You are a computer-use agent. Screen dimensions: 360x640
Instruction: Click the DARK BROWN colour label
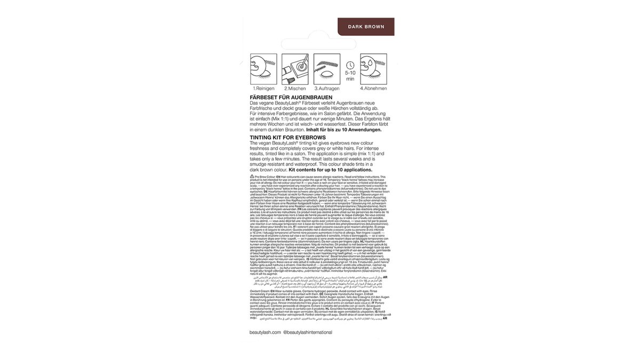click(366, 26)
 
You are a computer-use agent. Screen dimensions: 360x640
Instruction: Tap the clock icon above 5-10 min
click(350, 65)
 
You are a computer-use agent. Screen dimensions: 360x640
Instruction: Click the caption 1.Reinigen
click(263, 88)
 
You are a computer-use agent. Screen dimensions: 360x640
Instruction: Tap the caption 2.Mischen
click(294, 88)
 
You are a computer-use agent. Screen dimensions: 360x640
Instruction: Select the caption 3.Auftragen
click(327, 88)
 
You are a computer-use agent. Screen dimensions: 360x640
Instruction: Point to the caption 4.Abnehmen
click(373, 88)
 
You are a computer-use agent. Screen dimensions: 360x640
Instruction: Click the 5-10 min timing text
click(350, 75)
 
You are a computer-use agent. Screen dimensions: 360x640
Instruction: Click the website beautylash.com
click(265, 332)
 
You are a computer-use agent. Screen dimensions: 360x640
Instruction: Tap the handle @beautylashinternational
click(308, 332)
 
